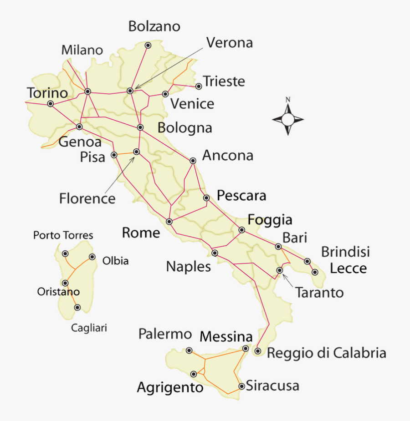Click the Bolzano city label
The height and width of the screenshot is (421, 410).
point(154,26)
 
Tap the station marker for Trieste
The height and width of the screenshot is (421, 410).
point(199,86)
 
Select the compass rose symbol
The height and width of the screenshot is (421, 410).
point(288,119)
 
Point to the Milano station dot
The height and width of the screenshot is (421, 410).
point(88,91)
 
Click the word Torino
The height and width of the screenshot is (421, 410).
point(47,93)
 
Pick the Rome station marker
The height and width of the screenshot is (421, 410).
point(169,222)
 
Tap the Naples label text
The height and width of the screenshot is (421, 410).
point(188,266)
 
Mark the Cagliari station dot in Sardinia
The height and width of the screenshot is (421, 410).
point(77,308)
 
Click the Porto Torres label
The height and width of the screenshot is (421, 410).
point(63,235)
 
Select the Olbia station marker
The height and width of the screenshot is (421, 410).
point(92,257)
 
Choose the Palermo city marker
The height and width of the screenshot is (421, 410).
point(190,350)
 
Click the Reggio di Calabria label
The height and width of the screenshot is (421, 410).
point(326,353)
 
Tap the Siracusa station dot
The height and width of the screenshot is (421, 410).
point(241,386)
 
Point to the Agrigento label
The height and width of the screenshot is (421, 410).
point(170,388)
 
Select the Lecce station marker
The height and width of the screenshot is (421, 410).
point(315,272)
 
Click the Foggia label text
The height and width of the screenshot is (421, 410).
point(270,220)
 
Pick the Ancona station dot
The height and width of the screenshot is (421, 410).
point(193,161)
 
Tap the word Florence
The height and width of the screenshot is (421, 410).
point(87,198)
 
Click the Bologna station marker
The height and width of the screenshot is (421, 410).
point(140,127)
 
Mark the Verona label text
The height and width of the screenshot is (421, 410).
point(229,43)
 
